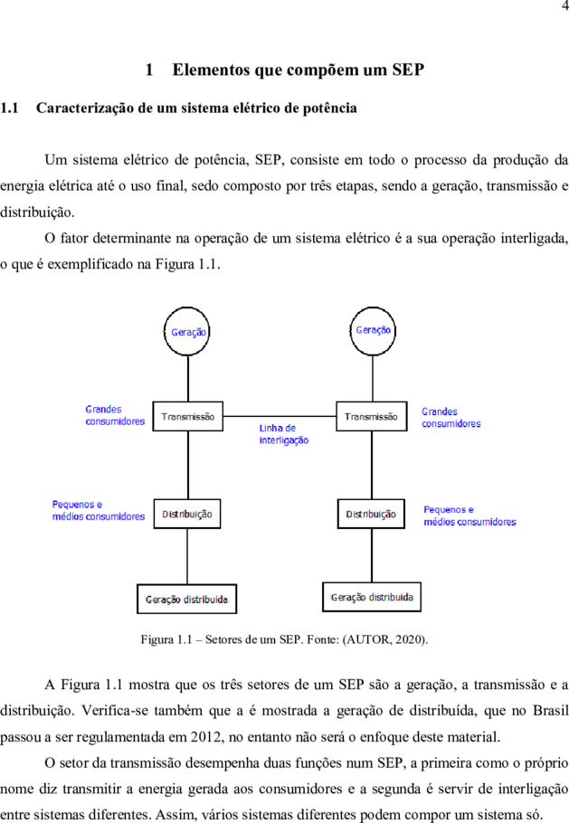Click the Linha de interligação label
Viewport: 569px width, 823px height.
pos(284,434)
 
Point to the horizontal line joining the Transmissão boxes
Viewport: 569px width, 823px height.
pos(280,416)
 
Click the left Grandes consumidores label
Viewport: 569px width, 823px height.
pos(115,415)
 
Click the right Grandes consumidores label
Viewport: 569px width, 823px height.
pos(451,418)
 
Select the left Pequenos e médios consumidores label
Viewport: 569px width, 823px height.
pos(99,511)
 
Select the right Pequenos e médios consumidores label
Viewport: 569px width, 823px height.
pos(469,516)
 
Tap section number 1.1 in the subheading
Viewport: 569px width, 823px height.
pos(9,109)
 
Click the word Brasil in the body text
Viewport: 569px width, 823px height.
pos(551,711)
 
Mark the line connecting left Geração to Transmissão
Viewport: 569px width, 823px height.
pos(188,379)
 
